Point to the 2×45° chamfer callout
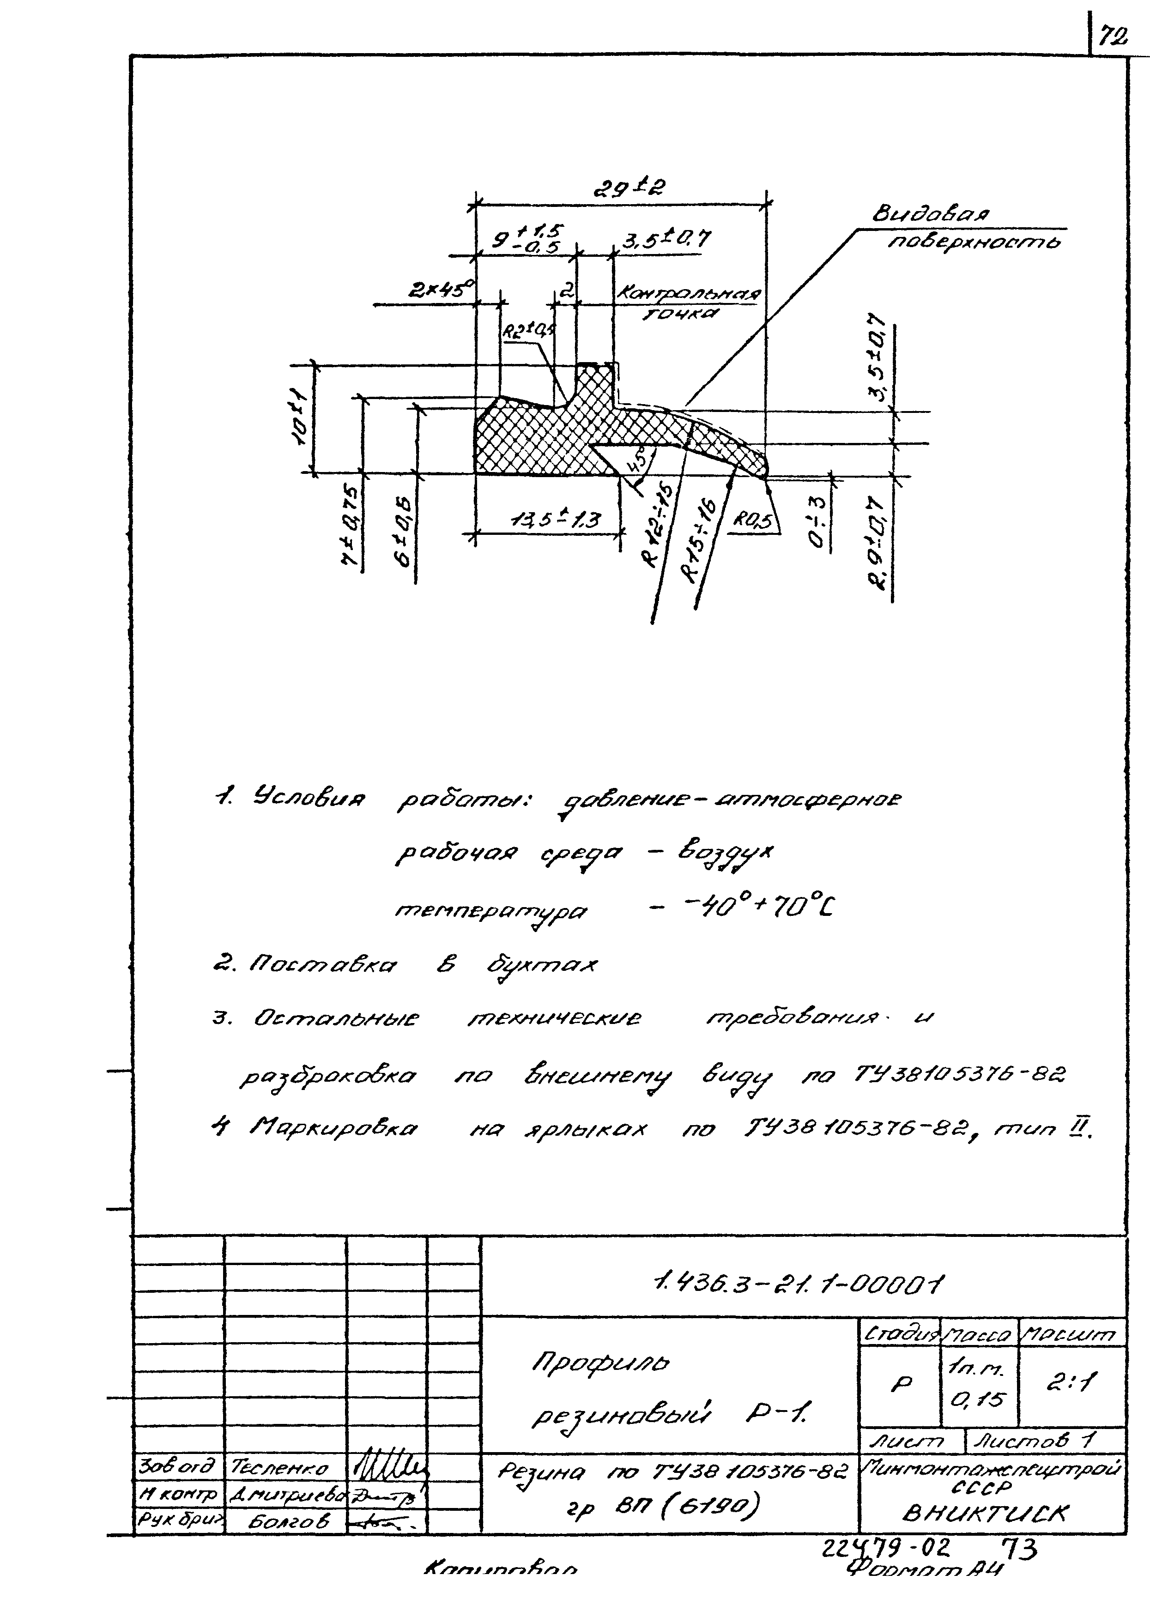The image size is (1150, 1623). (441, 291)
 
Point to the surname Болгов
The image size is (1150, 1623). (289, 1520)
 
